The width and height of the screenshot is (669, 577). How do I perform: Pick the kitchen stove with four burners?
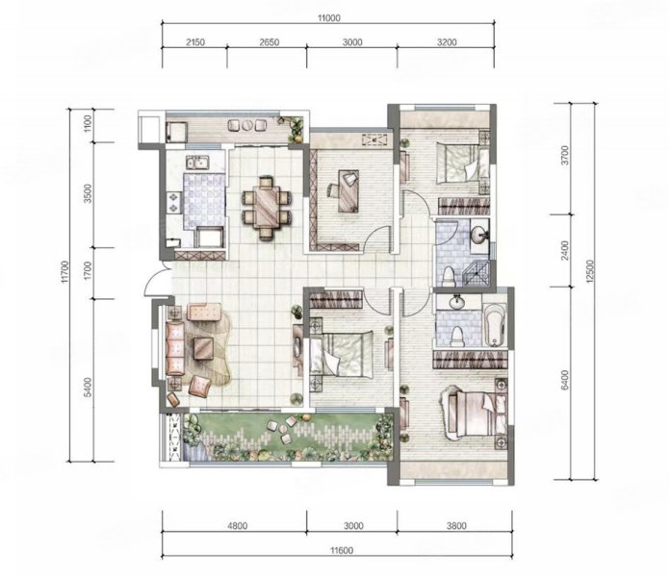pos(174,203)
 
